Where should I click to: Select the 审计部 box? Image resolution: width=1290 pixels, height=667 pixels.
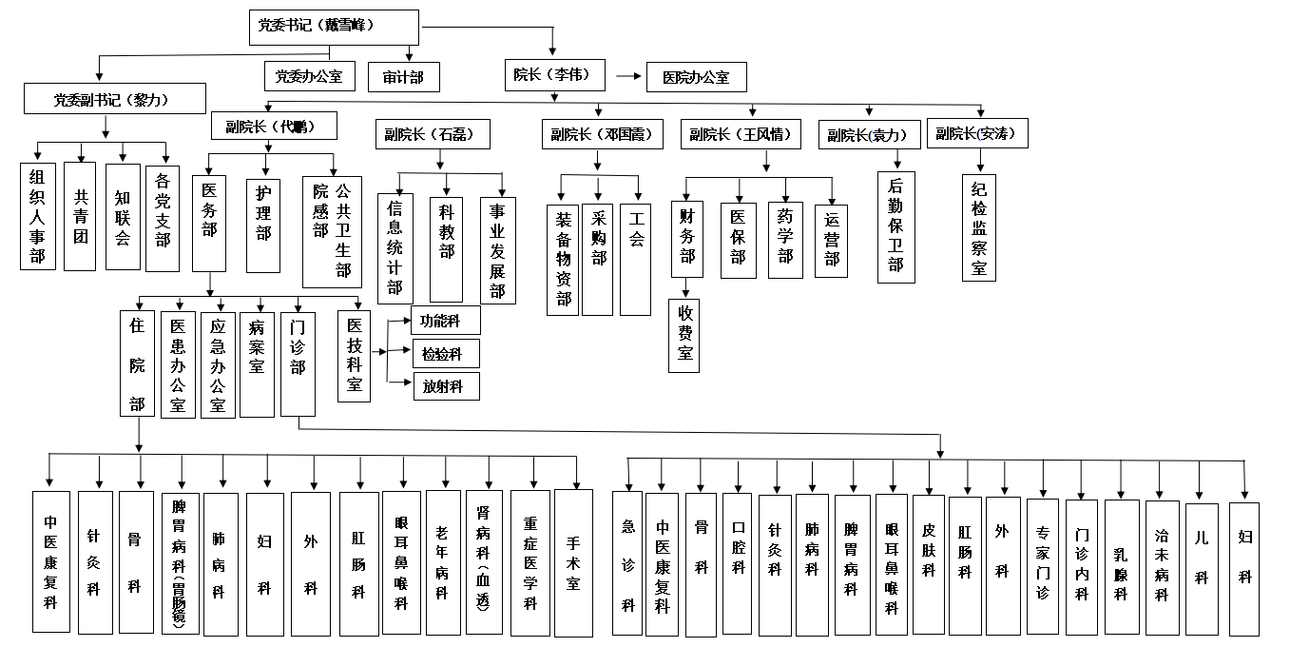pos(403,77)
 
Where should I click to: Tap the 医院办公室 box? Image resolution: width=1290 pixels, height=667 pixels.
pos(696,77)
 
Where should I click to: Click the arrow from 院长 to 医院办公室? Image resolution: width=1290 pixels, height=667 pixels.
pos(628,75)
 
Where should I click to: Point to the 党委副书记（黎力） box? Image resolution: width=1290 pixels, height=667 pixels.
pos(115,99)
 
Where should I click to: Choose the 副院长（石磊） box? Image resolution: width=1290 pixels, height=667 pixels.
pos(432,134)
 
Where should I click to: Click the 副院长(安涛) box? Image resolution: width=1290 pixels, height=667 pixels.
pos(975,134)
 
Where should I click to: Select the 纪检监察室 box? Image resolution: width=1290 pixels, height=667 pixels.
pos(979,228)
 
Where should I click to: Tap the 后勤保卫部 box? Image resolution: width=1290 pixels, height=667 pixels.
pos(895,228)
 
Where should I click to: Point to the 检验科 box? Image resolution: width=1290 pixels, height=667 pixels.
pos(445,354)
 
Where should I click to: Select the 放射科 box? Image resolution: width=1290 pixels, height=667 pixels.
pos(445,386)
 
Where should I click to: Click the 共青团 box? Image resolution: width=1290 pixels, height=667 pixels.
pos(80,217)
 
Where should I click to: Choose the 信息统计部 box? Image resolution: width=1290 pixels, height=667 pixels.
pos(395,248)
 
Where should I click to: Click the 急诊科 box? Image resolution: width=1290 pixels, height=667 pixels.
pos(627,563)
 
